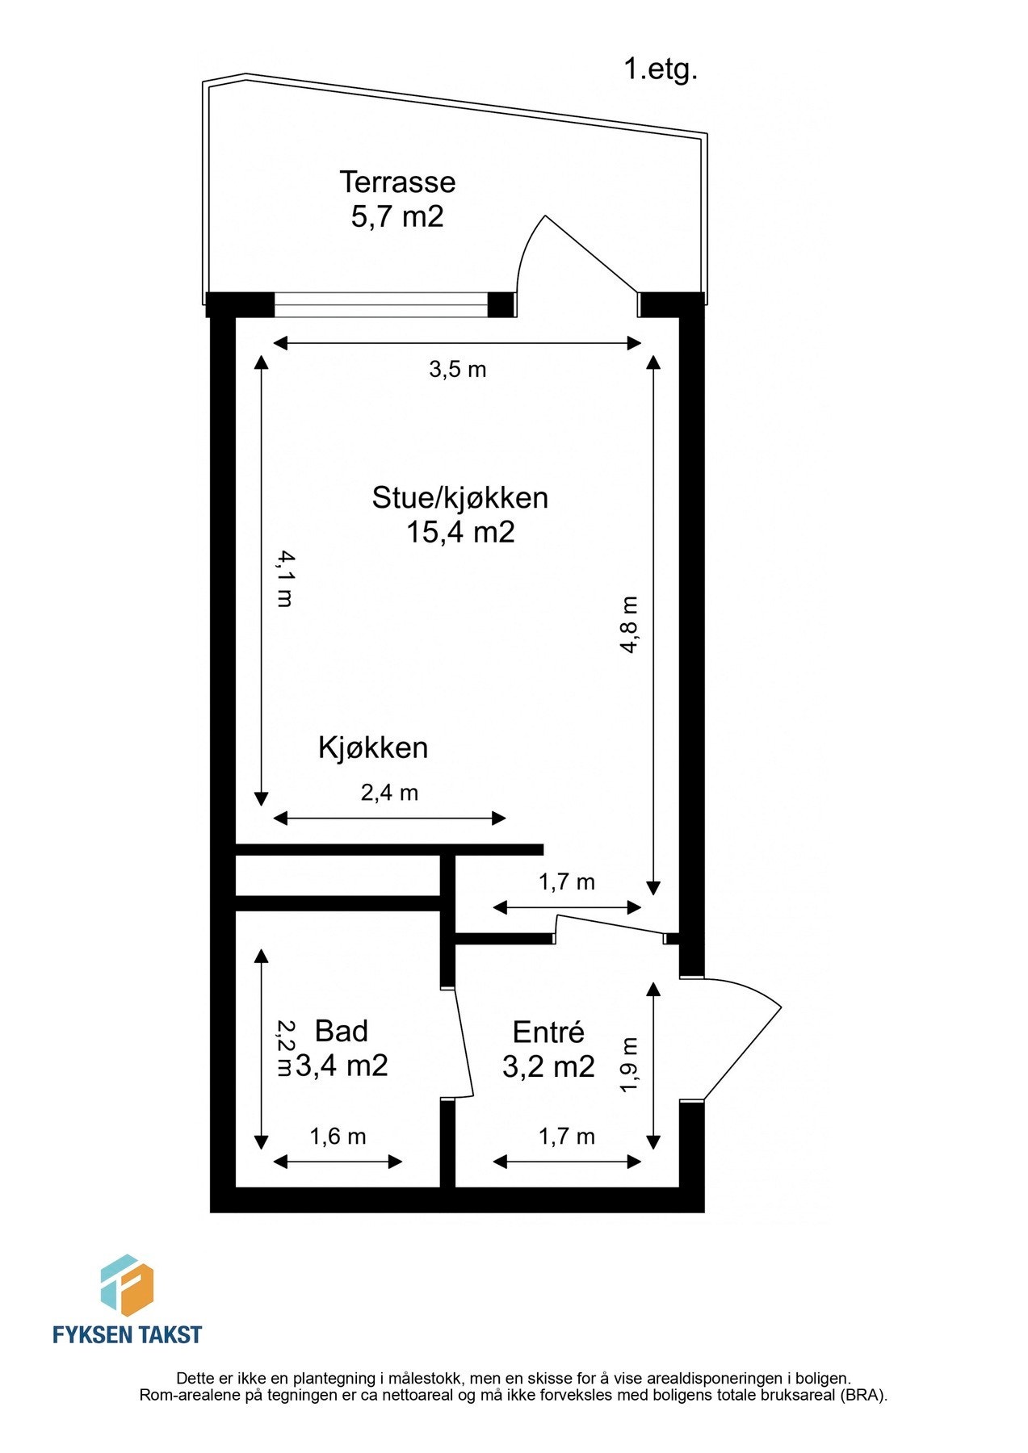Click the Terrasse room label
pos(397,182)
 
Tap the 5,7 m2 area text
pos(397,217)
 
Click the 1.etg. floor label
pos(660,69)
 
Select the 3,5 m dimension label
pos(457,370)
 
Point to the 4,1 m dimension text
pos(285,578)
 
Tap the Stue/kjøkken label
pos(459,497)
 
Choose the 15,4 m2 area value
pos(459,532)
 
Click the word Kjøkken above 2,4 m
pos(372,747)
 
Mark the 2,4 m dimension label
pos(389,793)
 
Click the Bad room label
pos(341,1031)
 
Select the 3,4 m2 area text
pos(342,1066)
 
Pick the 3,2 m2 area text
pos(548,1066)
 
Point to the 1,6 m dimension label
pos(338,1137)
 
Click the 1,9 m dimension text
pos(629,1065)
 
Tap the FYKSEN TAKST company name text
pos(127,1335)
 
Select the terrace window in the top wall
pos(381,305)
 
